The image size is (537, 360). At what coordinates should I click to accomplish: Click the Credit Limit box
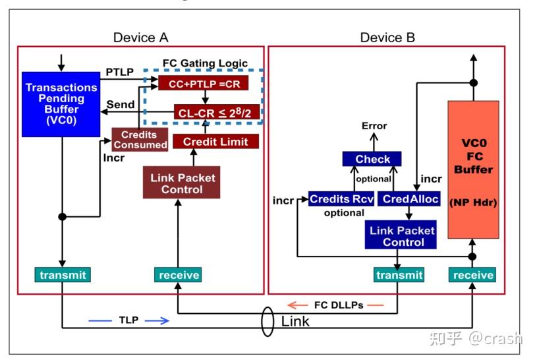click(215, 141)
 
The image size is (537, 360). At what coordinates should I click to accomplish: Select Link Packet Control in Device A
click(182, 183)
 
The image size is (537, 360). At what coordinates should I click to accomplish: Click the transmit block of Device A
click(61, 274)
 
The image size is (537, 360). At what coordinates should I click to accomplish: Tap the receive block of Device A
click(178, 274)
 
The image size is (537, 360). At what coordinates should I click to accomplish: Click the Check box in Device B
click(372, 159)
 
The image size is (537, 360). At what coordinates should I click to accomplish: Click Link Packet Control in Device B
click(402, 235)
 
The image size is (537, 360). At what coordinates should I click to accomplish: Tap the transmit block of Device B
click(399, 274)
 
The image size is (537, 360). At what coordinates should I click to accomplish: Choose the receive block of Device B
click(472, 274)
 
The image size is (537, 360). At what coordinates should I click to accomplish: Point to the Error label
click(374, 125)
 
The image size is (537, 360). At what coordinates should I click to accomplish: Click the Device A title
click(140, 38)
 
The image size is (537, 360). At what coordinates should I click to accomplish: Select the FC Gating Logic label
click(205, 64)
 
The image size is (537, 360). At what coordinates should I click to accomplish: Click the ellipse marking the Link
click(267, 321)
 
